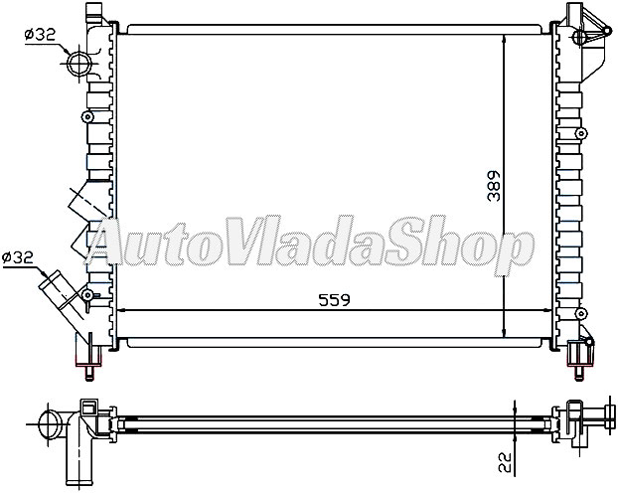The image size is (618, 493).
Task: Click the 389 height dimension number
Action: point(494,187)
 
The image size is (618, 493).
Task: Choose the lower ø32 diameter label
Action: point(19,256)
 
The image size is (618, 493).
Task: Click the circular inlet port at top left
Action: point(78,66)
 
